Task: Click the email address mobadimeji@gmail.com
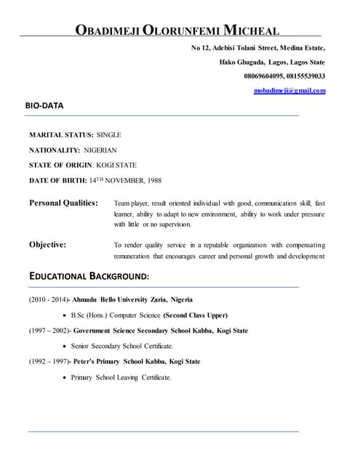[x=289, y=90]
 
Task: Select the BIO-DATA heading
[x=44, y=106]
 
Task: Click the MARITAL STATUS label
[x=61, y=135]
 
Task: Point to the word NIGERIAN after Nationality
[x=100, y=150]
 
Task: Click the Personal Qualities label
[x=63, y=203]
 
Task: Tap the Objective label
[x=47, y=245]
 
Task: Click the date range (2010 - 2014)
[x=49, y=299]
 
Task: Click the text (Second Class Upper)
[x=195, y=315]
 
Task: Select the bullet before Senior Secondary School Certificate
[x=65, y=347]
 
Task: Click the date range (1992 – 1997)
[x=49, y=362]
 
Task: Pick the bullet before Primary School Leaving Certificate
[x=65, y=378]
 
